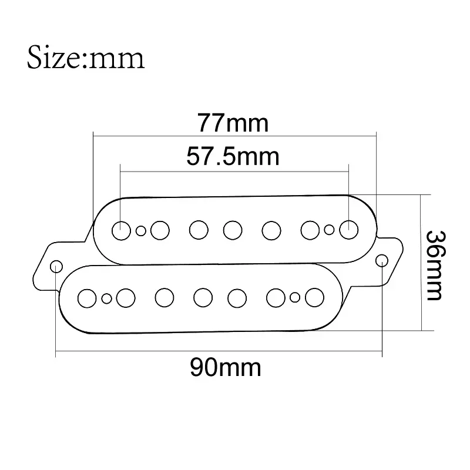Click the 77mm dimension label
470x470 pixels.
click(x=233, y=123)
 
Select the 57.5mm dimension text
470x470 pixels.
click(x=233, y=157)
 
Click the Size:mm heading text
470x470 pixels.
click(x=86, y=59)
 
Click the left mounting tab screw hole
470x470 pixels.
click(x=56, y=266)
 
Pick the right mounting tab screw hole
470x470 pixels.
click(x=381, y=259)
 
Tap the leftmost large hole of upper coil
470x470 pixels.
click(x=121, y=230)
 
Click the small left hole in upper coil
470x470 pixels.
click(x=140, y=230)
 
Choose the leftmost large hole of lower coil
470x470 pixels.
click(x=88, y=298)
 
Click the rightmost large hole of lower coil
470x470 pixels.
click(x=314, y=296)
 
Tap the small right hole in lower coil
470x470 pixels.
click(x=295, y=297)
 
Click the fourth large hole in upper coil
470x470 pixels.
click(x=233, y=229)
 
